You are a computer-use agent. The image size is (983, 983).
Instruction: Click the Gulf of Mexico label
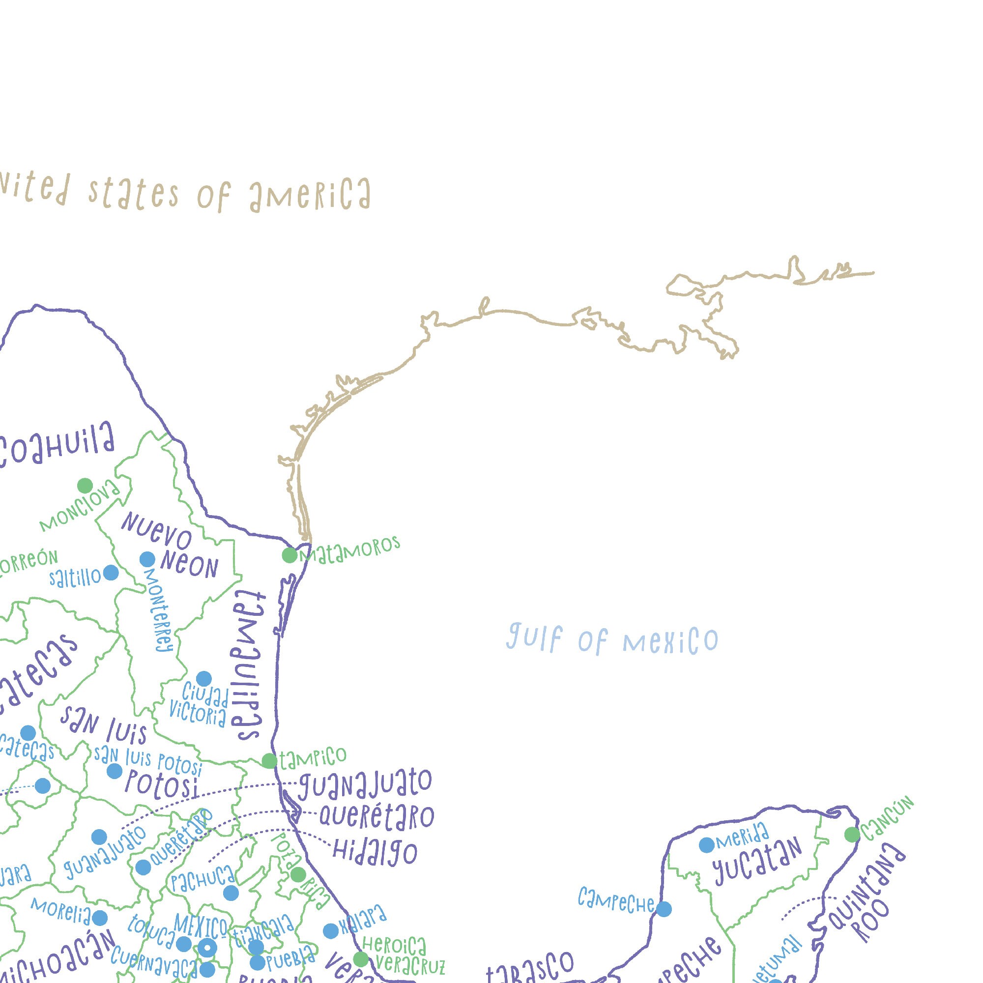pos(612,639)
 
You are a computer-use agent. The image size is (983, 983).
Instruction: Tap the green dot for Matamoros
pos(289,555)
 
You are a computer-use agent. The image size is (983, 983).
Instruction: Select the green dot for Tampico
pos(269,761)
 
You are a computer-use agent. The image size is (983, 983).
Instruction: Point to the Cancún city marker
pos(852,835)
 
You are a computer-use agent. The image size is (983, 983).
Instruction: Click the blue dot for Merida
pos(706,845)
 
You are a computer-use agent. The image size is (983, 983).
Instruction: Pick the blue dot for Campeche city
pos(664,909)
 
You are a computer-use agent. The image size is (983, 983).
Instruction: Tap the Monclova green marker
pos(85,486)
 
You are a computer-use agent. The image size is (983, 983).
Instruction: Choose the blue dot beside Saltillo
pos(111,573)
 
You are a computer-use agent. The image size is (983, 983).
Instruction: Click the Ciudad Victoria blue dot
pos(203,679)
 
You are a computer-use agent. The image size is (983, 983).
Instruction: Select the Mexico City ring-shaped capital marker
pos(207,948)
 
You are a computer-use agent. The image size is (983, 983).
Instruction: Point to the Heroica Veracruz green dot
pos(361,959)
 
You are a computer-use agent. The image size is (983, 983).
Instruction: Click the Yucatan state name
pos(757,862)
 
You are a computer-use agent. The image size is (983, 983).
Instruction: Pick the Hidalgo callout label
pos(375,852)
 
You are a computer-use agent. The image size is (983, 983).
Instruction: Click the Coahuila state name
pos(56,447)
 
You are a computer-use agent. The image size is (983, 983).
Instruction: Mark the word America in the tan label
pos(310,195)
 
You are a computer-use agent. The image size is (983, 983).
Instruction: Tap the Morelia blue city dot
pos(100,918)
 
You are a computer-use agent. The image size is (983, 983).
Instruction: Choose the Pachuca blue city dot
pos(231,893)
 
